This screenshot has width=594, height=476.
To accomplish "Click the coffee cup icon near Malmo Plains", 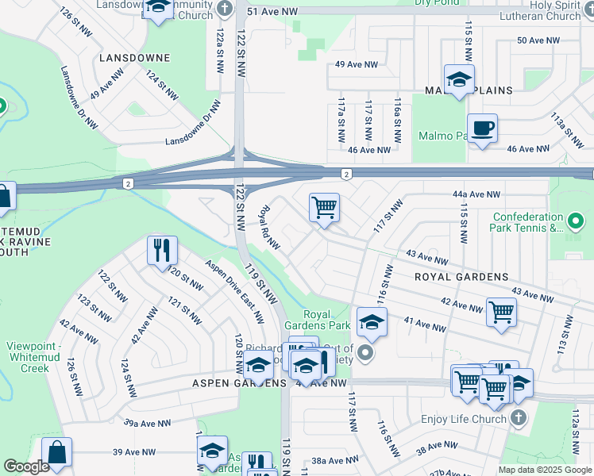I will coord(481,128).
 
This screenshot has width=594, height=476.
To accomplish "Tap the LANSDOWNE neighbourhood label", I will coord(135,59).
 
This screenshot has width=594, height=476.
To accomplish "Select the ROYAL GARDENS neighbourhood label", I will coord(461,277).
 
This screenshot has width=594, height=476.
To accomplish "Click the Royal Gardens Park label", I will coord(327,320).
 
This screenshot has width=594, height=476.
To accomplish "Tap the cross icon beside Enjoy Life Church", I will coord(517,417).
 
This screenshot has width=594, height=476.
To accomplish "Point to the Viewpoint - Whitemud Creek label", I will coord(39,357).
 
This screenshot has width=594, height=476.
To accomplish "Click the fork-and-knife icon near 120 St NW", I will coord(161,249).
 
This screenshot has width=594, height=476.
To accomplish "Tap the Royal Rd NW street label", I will coord(270,228).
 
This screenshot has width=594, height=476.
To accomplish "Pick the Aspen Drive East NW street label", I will coord(234,292).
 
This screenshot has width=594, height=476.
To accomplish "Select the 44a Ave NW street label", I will coord(476,194).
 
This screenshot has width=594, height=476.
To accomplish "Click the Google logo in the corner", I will coord(27,466).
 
